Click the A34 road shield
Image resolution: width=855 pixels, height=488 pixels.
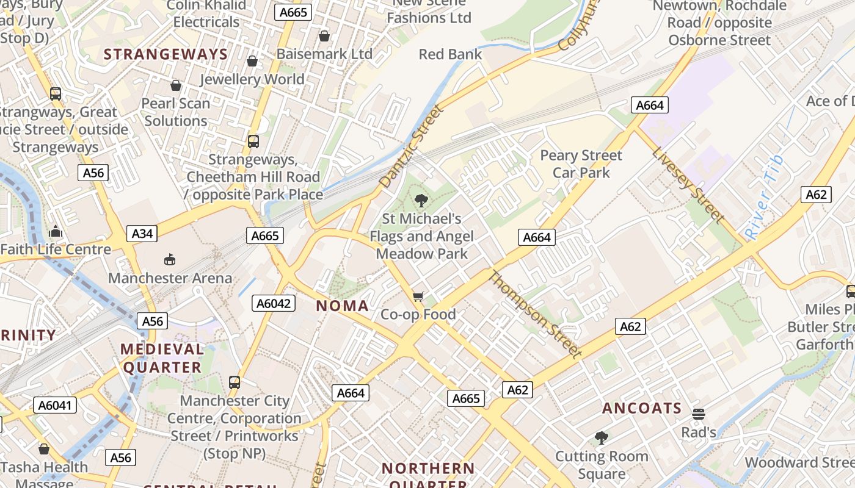click(x=142, y=234)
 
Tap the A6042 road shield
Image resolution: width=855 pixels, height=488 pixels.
click(x=274, y=303)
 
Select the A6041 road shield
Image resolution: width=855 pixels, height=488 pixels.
click(x=55, y=405)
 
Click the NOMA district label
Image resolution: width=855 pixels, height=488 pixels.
click(x=343, y=306)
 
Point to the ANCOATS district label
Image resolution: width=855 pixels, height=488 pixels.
click(x=642, y=409)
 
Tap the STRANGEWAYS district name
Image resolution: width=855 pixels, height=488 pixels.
click(x=166, y=54)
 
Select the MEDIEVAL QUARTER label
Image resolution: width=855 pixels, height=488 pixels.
click(x=162, y=359)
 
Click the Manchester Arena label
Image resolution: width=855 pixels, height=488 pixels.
click(x=170, y=278)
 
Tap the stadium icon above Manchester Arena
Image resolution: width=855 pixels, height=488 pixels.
click(x=170, y=260)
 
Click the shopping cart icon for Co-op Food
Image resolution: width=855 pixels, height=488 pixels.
click(x=418, y=296)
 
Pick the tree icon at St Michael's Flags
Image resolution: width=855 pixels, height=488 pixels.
click(x=421, y=200)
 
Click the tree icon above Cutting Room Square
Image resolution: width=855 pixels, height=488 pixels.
click(x=602, y=438)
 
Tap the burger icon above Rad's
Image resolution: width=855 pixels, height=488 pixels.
click(x=699, y=414)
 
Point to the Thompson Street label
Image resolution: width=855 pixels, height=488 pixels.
click(x=534, y=314)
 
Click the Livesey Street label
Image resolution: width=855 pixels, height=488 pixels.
click(x=688, y=185)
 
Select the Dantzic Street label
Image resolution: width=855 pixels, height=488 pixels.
click(x=411, y=146)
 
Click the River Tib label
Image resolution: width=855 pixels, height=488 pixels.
click(x=764, y=196)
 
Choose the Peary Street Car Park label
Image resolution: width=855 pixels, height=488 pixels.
click(x=581, y=164)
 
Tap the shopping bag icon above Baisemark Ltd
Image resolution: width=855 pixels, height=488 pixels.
click(x=324, y=36)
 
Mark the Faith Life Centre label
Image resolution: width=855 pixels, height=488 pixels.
click(x=56, y=249)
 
